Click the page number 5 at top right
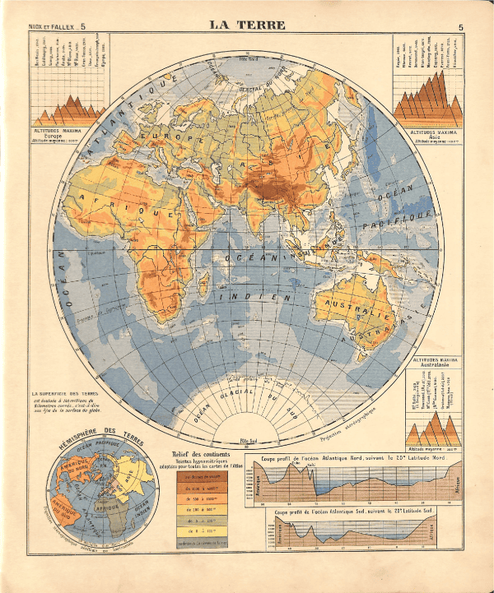tap(461, 27)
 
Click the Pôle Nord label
tap(246, 59)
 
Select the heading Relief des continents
tap(202, 455)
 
